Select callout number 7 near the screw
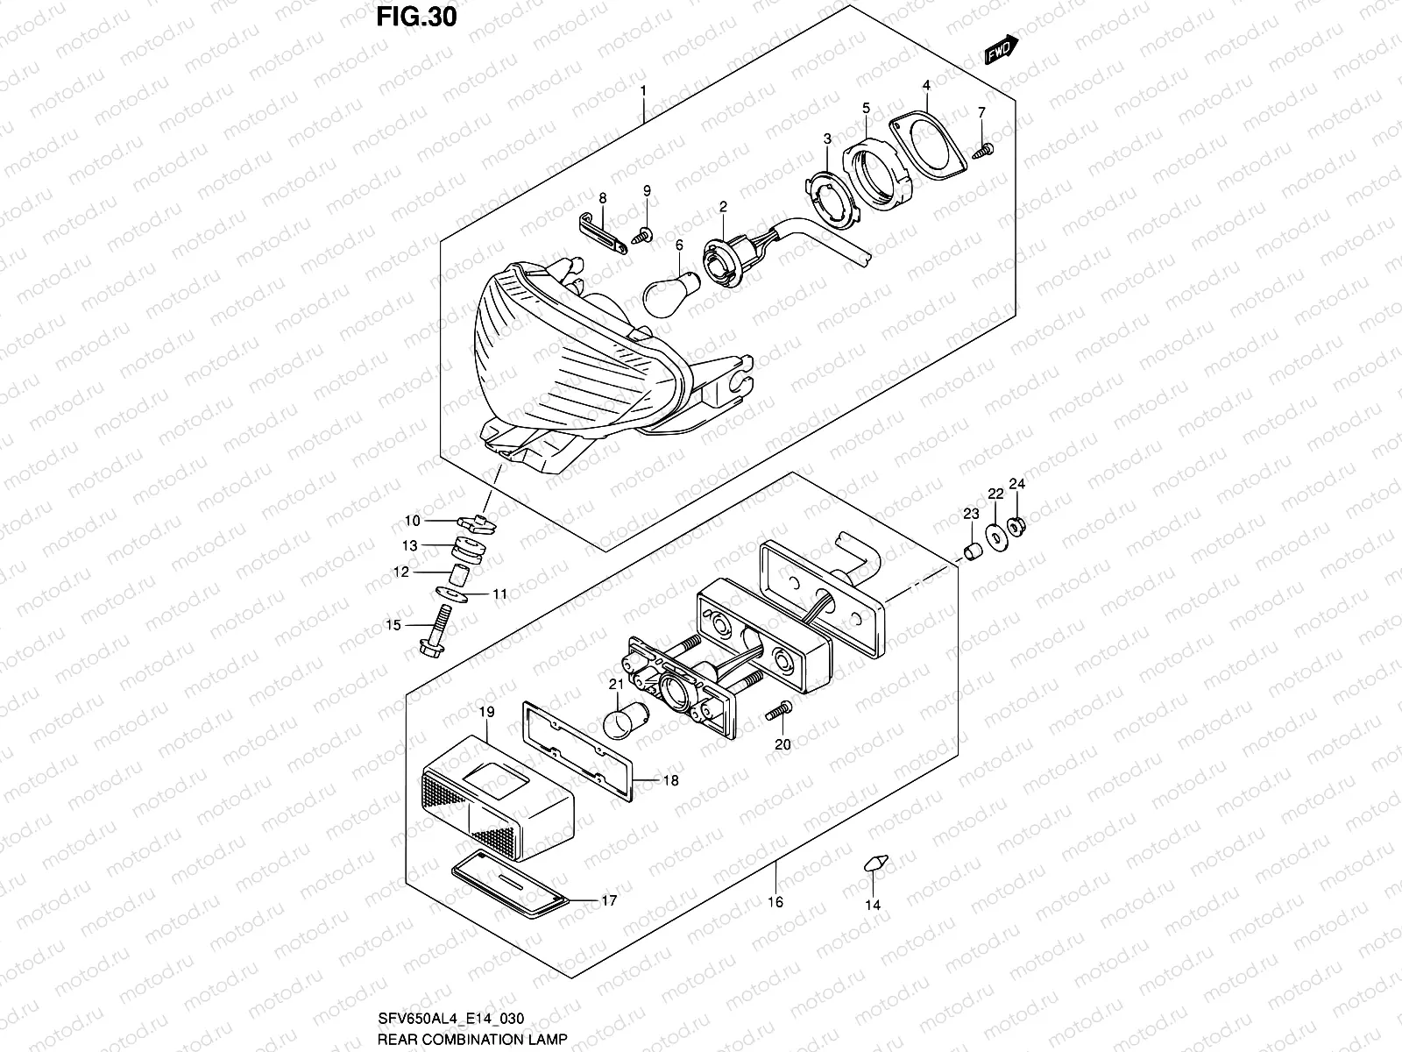(x=981, y=112)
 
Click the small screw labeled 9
(x=645, y=234)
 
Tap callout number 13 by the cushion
(x=410, y=545)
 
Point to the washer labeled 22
(x=996, y=537)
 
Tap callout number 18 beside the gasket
(x=670, y=780)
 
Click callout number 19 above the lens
(x=487, y=712)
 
